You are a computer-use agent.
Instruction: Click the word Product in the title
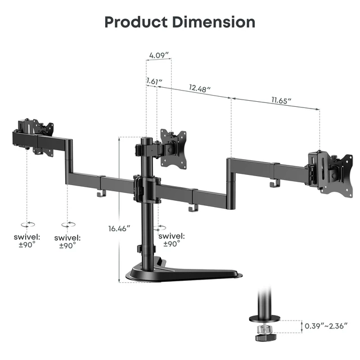[x=136, y=22]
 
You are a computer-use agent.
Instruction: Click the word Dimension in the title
[x=214, y=22]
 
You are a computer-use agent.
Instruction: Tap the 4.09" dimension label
[x=159, y=55]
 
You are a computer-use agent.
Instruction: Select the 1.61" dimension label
[x=154, y=81]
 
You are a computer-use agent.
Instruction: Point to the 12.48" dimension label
[x=199, y=88]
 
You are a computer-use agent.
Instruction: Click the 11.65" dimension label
[x=281, y=100]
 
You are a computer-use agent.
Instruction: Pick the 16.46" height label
[x=119, y=228]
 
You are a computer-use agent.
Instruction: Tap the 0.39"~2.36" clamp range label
[x=326, y=326]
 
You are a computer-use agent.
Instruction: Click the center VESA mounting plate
[x=173, y=148]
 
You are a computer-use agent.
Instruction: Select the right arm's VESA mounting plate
[x=340, y=175]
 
